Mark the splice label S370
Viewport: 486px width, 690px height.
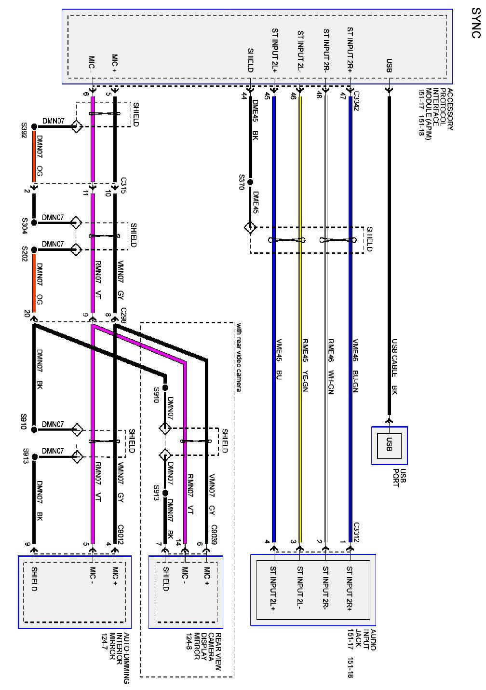242,182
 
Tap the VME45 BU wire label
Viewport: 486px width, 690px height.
278,365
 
